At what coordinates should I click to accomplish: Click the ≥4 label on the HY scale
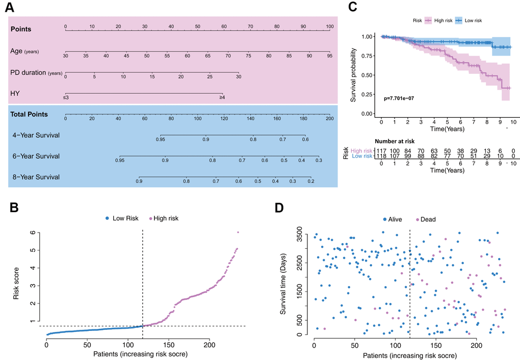click(222, 97)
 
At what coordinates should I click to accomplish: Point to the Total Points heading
click(29, 114)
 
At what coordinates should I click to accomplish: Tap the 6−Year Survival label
click(36, 156)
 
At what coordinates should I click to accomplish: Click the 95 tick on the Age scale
click(329, 55)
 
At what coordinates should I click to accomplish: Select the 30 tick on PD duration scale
click(239, 76)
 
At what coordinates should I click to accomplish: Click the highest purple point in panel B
click(238, 232)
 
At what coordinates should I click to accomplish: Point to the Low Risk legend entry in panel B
click(121, 218)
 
